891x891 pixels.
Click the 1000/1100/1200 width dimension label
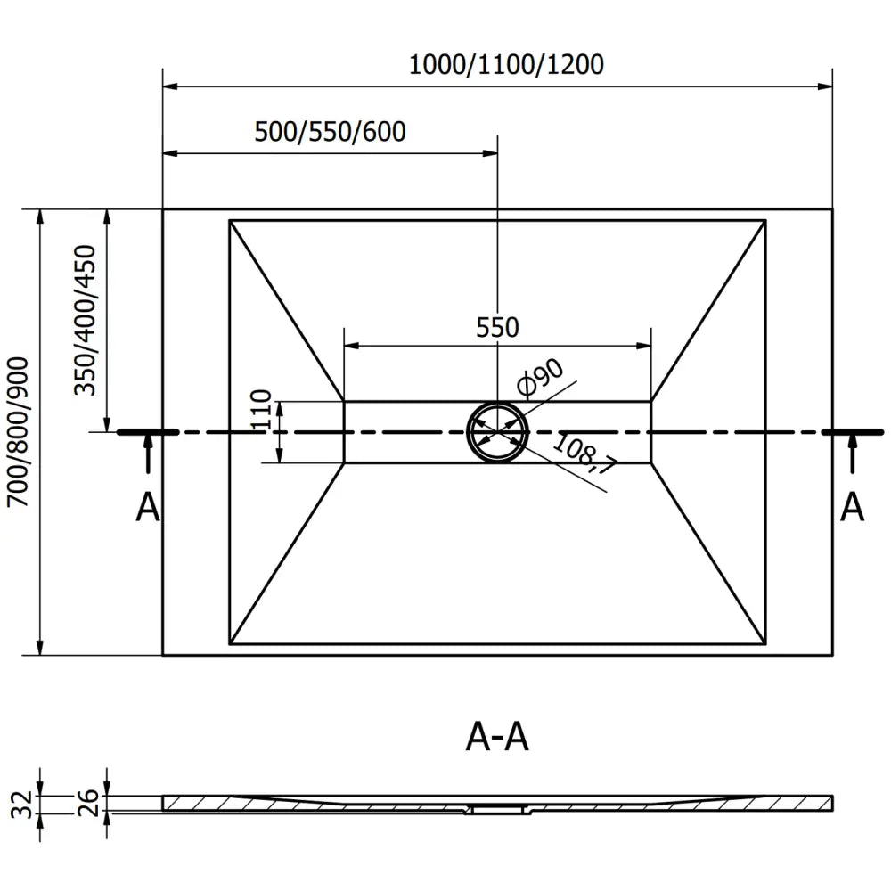pos(506,65)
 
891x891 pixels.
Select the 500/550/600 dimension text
pos(330,132)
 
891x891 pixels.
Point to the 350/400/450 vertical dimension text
pos(86,320)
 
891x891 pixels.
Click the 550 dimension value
pos(497,328)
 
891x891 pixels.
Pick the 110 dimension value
pos(261,411)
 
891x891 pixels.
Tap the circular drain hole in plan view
pos(497,432)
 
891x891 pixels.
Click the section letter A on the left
pos(147,508)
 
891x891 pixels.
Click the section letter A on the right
pos(853,508)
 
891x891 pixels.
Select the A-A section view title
pos(497,737)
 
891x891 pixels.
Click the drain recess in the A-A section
pos(497,809)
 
